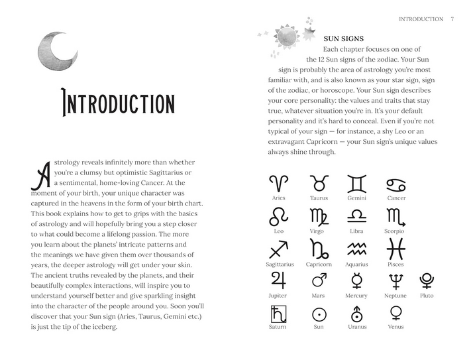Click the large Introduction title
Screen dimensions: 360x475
pos(117,104)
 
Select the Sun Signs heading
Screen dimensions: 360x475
pos(343,39)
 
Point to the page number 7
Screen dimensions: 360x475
pos(451,19)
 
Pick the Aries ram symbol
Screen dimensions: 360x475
pos(279,183)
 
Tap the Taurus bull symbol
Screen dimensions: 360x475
pos(319,183)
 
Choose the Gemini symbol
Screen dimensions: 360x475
pos(356,183)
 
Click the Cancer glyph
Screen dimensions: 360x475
pos(396,184)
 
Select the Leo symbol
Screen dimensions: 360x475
pos(279,216)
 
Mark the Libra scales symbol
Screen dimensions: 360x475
pos(356,217)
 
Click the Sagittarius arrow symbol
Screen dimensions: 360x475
pos(279,249)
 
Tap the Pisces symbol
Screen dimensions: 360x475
pos(396,249)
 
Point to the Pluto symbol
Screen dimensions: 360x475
pos(427,281)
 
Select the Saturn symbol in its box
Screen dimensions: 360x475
pos(278,313)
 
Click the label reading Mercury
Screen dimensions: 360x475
pos(356,296)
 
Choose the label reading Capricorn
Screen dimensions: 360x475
pos(319,264)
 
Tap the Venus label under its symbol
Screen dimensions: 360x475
pos(396,327)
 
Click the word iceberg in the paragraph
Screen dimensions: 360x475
pos(102,328)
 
